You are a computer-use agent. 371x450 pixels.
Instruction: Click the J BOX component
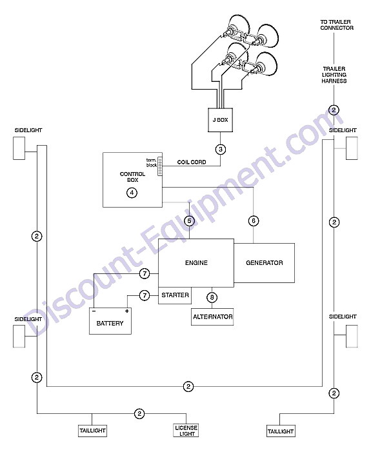point(220,120)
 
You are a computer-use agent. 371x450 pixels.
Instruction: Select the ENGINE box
point(196,263)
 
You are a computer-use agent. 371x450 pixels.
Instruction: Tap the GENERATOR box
point(264,263)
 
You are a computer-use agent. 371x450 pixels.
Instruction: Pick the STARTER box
point(175,295)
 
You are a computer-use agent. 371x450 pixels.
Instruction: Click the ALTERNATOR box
point(212,317)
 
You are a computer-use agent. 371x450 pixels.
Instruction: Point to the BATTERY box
point(110,321)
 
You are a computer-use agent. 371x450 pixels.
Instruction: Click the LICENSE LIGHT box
point(186,431)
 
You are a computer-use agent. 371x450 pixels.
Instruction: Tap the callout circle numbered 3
point(221,149)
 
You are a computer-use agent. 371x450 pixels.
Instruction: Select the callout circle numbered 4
point(132,193)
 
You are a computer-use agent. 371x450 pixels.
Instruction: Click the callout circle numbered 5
point(189,220)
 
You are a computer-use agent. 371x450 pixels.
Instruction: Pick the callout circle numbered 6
point(254,220)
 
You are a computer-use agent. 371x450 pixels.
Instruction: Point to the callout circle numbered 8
point(212,297)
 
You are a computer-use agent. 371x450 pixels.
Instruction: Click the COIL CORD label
point(192,162)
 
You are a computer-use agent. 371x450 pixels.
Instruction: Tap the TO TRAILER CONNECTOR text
point(337,24)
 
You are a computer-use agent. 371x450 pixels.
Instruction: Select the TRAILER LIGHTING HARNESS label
point(334,75)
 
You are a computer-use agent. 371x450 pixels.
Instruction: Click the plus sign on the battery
point(126,311)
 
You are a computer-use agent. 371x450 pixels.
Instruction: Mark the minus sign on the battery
point(94,311)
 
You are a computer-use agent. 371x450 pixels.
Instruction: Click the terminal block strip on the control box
point(160,166)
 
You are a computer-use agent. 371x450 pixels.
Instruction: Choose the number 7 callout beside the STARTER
point(145,295)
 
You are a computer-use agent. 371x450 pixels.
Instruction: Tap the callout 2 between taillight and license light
point(139,413)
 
